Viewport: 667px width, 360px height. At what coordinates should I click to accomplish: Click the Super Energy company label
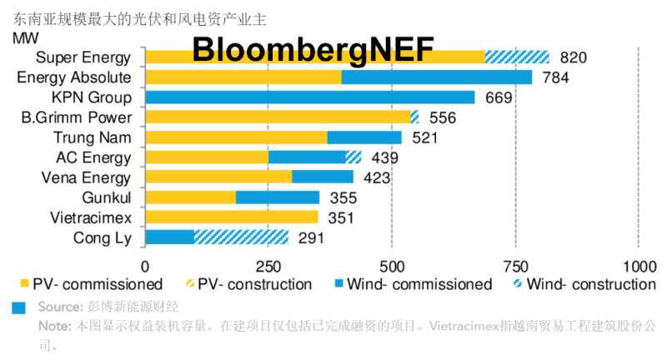point(84,57)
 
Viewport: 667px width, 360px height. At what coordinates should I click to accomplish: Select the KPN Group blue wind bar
point(310,97)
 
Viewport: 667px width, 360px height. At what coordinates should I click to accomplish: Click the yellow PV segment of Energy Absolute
point(243,77)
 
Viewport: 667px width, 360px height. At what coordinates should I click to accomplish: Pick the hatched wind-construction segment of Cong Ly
point(241,238)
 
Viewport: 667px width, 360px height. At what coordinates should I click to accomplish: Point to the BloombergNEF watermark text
point(313,50)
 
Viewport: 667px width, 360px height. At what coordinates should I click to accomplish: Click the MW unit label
point(26,37)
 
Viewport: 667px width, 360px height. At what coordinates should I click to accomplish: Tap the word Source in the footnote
point(59,307)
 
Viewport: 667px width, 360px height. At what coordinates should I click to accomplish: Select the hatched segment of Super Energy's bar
point(517,57)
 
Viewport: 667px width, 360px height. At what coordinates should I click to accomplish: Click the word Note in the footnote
point(55,325)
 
